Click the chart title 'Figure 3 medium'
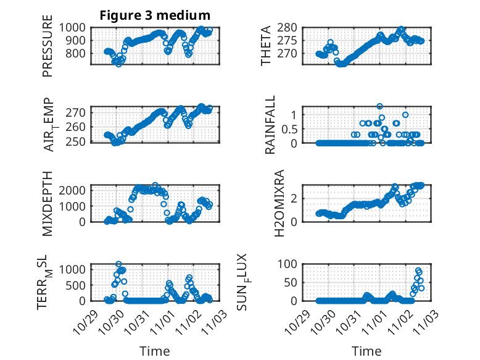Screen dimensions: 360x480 click(155, 15)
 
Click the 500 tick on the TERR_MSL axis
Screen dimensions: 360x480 click(77, 285)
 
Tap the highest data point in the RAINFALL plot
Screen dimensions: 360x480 click(380, 106)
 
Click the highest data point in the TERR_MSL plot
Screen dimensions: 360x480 click(118, 264)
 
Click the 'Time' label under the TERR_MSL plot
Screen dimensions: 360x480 click(154, 351)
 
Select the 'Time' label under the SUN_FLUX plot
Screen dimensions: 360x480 click(366, 351)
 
